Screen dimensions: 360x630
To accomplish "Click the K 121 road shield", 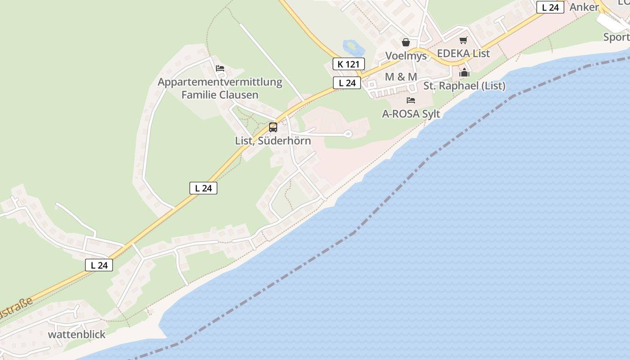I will [348, 64].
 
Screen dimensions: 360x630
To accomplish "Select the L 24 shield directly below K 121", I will [347, 83].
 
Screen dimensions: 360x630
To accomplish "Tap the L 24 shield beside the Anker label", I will [550, 7].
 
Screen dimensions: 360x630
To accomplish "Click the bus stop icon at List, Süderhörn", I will [273, 127].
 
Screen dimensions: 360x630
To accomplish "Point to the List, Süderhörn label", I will [273, 140].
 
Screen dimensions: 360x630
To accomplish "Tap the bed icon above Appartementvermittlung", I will [220, 68].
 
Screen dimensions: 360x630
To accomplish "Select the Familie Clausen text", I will [220, 94].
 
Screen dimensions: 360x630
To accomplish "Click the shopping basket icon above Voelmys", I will [406, 42].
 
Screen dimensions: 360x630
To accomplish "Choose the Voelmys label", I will [406, 56].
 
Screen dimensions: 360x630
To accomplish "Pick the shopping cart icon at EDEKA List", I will [463, 40].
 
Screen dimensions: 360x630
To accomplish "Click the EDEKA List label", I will [463, 53].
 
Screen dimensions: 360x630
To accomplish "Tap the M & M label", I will [401, 77].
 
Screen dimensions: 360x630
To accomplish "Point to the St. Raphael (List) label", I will [464, 85].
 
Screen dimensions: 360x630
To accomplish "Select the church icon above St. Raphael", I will [464, 72].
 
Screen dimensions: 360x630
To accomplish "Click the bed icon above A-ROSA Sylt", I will [411, 100].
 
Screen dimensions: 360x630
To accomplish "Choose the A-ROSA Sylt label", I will [411, 114].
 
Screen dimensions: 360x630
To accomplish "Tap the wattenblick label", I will [76, 334].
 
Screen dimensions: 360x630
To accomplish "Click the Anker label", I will [584, 7].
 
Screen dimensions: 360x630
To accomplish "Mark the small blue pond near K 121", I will [351, 46].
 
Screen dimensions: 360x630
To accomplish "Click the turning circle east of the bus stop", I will [347, 134].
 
